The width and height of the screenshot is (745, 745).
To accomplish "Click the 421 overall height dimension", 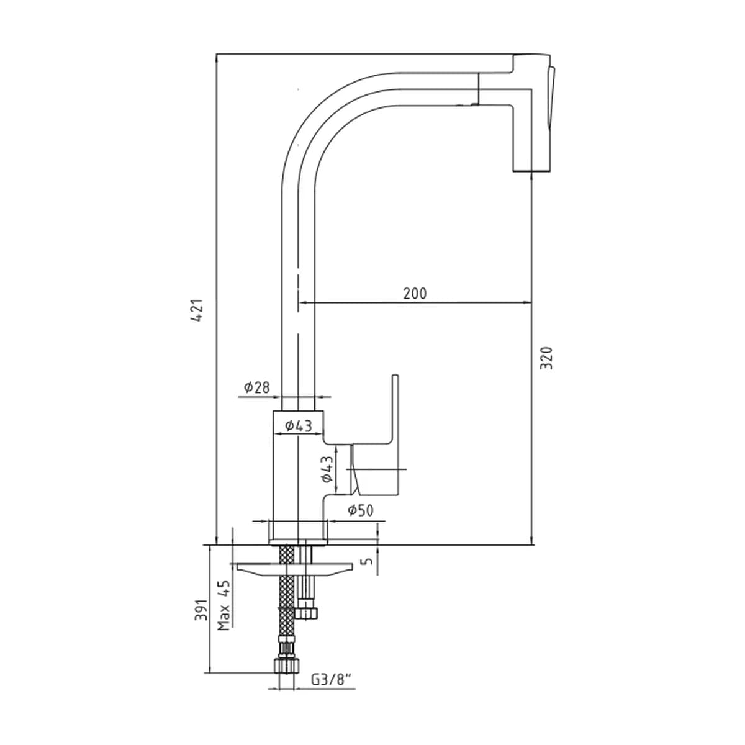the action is coord(198,310).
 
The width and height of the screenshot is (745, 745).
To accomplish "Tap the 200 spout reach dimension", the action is coord(415,294).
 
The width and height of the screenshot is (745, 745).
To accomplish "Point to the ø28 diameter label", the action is coord(256,387).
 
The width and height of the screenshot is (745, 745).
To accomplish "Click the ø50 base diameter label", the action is coord(361,510).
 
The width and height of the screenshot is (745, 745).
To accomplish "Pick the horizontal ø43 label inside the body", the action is coord(298,426).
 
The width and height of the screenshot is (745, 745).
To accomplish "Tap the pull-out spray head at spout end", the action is coord(532,113).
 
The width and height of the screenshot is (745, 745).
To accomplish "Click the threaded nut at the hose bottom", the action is coord(286,666).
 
